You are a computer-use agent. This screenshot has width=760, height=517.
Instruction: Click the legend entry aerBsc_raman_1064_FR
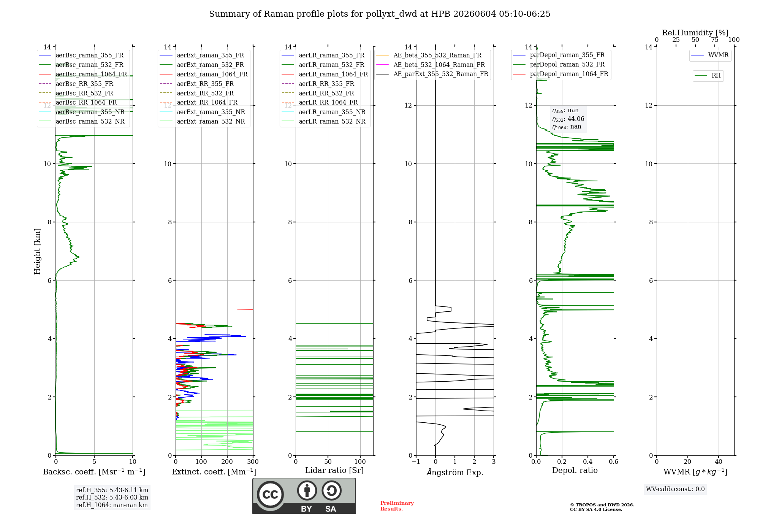83,74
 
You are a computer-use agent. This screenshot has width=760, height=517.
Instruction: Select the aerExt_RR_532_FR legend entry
197,93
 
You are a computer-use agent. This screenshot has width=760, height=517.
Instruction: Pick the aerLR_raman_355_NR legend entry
323,112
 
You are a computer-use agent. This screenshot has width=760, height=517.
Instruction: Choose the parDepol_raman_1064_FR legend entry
560,74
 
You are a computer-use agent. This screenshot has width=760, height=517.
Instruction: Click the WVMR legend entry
710,55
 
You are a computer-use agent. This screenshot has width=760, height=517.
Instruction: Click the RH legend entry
708,76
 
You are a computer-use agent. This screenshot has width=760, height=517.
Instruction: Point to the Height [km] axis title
37,251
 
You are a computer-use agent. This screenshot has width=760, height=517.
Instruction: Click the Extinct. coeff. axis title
214,472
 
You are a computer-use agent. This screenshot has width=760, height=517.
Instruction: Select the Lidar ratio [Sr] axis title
334,470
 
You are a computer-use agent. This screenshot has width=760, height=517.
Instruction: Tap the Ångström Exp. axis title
455,472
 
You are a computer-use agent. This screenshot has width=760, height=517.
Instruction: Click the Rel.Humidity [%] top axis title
695,33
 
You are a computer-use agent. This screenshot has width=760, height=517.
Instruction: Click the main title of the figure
380,14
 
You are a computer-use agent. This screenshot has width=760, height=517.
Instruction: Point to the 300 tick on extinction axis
253,462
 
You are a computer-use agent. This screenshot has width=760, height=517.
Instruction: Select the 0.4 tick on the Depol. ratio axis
588,462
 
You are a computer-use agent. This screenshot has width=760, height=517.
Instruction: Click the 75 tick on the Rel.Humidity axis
715,40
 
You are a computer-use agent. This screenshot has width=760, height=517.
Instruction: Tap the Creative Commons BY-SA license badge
304,496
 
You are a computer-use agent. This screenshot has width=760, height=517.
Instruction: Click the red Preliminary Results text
397,506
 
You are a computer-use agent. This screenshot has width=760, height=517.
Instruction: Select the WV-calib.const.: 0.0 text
675,489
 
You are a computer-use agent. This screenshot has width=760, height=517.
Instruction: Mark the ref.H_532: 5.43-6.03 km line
112,497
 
